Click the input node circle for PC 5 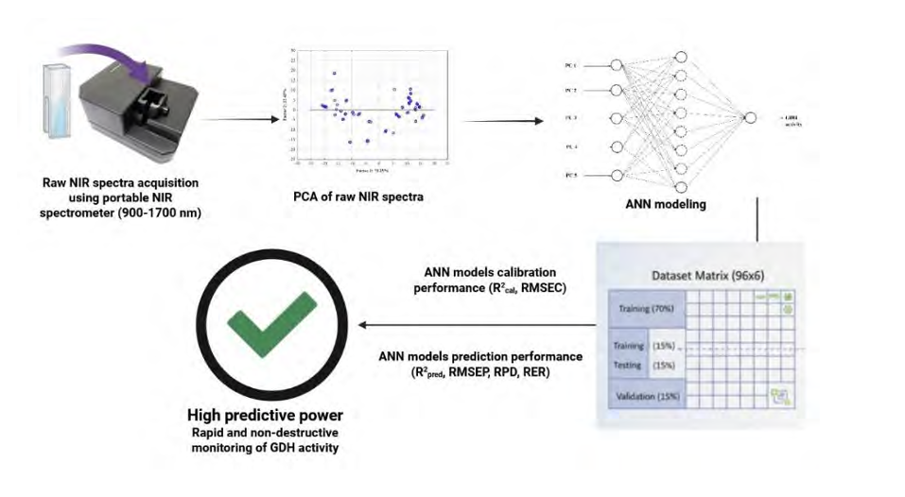point(617,175)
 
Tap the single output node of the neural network point(750,118)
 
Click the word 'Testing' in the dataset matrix point(628,365)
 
